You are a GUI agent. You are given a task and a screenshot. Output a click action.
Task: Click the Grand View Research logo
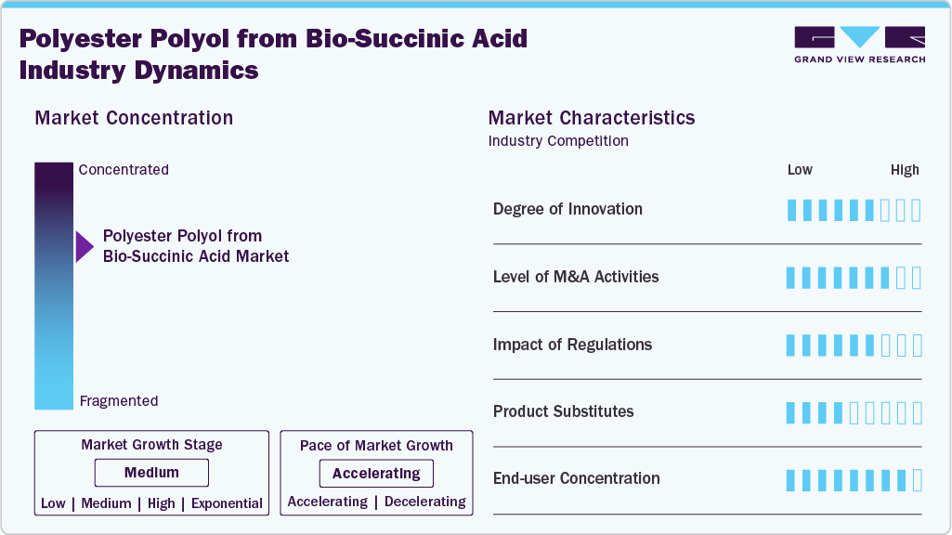tap(859, 45)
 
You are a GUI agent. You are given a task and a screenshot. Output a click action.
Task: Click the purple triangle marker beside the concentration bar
tap(85, 246)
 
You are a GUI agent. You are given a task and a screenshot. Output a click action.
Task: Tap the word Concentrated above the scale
tap(124, 170)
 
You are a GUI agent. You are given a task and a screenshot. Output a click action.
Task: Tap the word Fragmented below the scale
tap(119, 401)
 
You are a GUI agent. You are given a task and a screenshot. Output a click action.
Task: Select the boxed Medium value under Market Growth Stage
tap(151, 473)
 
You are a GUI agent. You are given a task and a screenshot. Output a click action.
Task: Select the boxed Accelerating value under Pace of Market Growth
tap(376, 474)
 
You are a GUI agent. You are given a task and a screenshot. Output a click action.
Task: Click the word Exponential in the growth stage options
tap(227, 503)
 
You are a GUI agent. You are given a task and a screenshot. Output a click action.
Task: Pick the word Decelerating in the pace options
tap(424, 502)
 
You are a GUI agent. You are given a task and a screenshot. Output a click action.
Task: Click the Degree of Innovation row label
tap(567, 209)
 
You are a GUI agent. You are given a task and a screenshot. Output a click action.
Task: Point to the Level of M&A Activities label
tap(576, 277)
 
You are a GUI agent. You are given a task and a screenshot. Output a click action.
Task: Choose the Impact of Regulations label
tap(572, 345)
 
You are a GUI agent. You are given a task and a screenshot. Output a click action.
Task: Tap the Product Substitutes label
tap(563, 411)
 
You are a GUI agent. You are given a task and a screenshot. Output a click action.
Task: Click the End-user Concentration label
tap(576, 478)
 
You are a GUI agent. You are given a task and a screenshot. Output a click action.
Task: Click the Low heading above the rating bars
tap(800, 170)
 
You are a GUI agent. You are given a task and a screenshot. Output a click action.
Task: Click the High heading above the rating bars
tap(905, 170)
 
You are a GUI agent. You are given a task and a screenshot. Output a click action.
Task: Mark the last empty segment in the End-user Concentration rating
tap(917, 480)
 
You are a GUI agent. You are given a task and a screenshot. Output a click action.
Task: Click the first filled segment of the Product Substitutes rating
tap(791, 412)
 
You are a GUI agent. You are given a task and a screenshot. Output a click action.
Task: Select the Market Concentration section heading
tap(134, 118)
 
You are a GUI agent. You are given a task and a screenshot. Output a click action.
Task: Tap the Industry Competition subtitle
tap(558, 141)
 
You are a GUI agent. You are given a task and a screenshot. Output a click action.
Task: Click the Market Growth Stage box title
tap(151, 445)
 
